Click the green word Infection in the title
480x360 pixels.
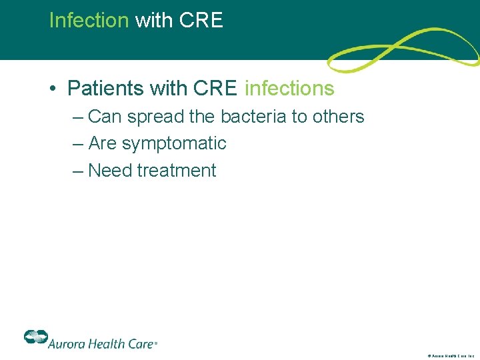(89, 21)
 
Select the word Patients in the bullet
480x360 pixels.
(105, 88)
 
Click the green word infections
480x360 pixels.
(289, 88)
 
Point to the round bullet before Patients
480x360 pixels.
(55, 89)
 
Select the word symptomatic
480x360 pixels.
(173, 144)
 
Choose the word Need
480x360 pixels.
(110, 171)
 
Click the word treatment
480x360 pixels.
(177, 171)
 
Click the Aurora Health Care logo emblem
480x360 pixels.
(35, 337)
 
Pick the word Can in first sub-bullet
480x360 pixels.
(103, 117)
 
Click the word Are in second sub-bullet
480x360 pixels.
(103, 144)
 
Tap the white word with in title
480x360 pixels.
(153, 21)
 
